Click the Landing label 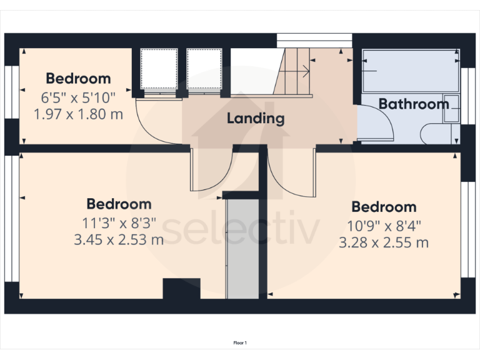[255, 118]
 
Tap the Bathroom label [414, 104]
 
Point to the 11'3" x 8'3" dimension [119, 223]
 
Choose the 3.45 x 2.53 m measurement [119, 239]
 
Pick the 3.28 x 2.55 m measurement [384, 242]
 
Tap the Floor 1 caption [240, 342]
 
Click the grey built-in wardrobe [242, 247]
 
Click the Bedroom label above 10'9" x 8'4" [384, 207]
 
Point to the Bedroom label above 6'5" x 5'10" [78, 79]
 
